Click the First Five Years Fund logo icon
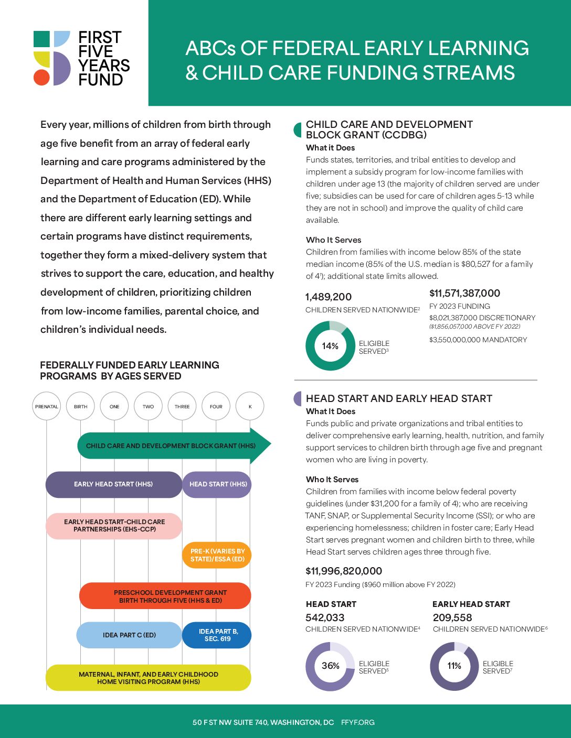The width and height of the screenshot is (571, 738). pyautogui.click(x=52, y=58)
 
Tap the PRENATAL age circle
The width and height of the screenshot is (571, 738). pyautogui.click(x=47, y=406)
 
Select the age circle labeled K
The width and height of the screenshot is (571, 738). pyautogui.click(x=250, y=406)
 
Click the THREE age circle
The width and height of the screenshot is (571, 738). pyautogui.click(x=182, y=406)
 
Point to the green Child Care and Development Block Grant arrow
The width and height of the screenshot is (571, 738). pyautogui.click(x=171, y=446)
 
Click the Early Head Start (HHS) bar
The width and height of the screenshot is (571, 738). pyautogui.click(x=113, y=484)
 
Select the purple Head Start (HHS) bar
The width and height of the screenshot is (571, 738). pyautogui.click(x=217, y=484)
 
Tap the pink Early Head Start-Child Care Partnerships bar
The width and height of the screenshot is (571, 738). pyautogui.click(x=114, y=526)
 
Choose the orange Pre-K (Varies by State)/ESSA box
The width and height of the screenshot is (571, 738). pyautogui.click(x=217, y=555)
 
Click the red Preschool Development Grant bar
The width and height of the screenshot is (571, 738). pyautogui.click(x=165, y=596)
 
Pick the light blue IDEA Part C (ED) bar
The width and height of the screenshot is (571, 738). pyautogui.click(x=129, y=635)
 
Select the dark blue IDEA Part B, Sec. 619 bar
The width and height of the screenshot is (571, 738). pyautogui.click(x=217, y=635)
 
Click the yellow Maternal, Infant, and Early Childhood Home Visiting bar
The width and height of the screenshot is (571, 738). pyautogui.click(x=148, y=678)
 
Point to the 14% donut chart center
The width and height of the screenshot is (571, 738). pyautogui.click(x=330, y=346)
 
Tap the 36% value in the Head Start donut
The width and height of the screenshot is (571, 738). pyautogui.click(x=330, y=666)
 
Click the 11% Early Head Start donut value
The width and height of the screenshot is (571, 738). pyautogui.click(x=454, y=666)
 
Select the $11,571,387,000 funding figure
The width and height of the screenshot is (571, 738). pyautogui.click(x=464, y=294)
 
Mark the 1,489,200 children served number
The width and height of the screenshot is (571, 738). pyautogui.click(x=329, y=297)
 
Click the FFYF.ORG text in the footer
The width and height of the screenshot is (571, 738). pyautogui.click(x=358, y=722)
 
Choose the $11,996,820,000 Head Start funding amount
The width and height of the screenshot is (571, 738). pyautogui.click(x=344, y=571)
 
